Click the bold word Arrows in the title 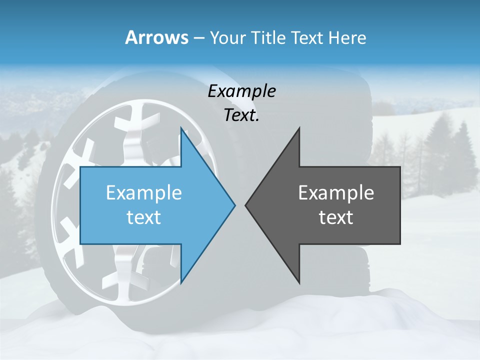point(156,37)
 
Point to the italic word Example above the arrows point(241,91)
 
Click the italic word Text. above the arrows point(241,115)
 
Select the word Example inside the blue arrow point(144,193)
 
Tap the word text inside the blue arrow point(144,217)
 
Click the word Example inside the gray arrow point(336,193)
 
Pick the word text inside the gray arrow point(336,217)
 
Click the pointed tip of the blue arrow point(234,205)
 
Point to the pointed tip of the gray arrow point(246,205)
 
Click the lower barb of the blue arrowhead point(182,280)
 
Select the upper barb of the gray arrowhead point(298,131)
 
